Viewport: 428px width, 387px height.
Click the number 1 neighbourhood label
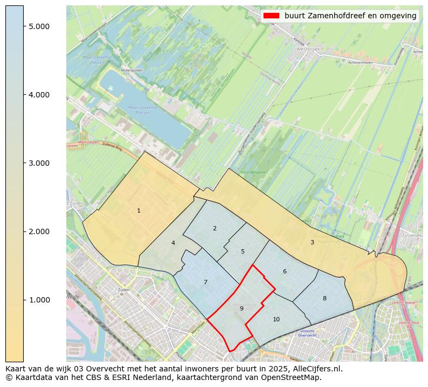click(139, 210)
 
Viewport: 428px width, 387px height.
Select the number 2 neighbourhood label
click(215, 228)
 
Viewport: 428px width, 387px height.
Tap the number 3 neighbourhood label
click(312, 242)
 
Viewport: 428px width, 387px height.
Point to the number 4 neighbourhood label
click(173, 243)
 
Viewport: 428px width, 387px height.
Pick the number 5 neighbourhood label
click(243, 251)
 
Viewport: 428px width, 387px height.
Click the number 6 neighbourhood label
click(285, 271)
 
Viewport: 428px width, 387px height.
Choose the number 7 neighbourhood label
click(205, 282)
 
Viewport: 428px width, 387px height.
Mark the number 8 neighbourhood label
click(325, 298)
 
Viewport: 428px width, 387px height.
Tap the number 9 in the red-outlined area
click(241, 308)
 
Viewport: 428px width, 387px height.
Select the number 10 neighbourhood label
click(276, 319)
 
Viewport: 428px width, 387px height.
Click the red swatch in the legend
click(271, 16)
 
